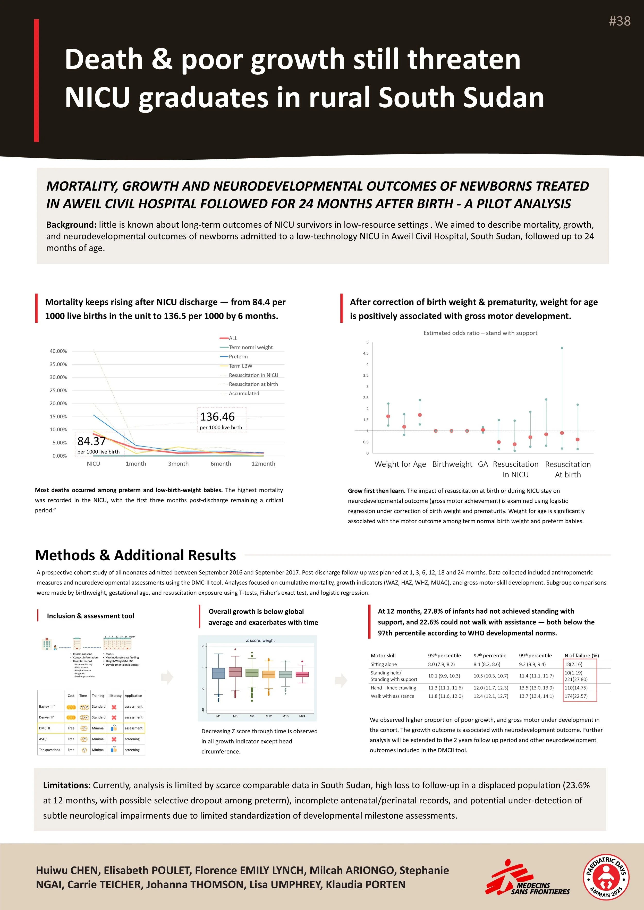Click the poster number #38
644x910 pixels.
point(620,21)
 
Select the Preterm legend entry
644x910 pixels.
point(238,356)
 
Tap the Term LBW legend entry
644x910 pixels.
point(240,366)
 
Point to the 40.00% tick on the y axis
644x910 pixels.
point(58,351)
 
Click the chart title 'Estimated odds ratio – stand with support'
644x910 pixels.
point(480,333)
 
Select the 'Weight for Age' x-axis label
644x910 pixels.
point(400,464)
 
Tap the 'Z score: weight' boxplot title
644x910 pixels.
point(260,640)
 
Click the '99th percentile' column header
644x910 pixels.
point(535,656)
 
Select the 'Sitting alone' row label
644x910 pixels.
point(384,664)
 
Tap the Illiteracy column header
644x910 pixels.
point(115,696)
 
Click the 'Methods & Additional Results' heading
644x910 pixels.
point(135,555)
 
